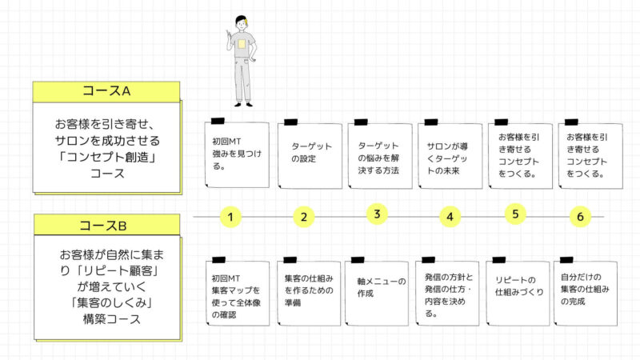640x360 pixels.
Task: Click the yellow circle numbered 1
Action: click(230, 216)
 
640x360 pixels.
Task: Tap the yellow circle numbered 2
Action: click(304, 216)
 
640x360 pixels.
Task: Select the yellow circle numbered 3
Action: click(377, 214)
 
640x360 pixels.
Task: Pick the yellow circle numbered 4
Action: click(450, 216)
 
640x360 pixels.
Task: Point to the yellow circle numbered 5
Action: click(515, 214)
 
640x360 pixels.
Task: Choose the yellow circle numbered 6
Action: click(580, 216)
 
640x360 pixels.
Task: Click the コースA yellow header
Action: click(106, 91)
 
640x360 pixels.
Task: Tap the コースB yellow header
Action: click(106, 225)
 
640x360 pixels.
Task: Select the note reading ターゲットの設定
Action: click(310, 154)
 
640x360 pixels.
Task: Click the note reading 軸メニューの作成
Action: click(377, 292)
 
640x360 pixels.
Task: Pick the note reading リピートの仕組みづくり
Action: click(518, 292)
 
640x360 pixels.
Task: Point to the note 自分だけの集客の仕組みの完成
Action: click(586, 292)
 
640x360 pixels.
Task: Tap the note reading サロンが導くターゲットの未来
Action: click(450, 154)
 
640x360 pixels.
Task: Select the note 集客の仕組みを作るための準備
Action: click(309, 292)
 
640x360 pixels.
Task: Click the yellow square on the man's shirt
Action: click(242, 44)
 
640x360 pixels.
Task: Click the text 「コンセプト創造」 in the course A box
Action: click(107, 157)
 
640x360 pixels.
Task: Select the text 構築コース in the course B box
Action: click(112, 318)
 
